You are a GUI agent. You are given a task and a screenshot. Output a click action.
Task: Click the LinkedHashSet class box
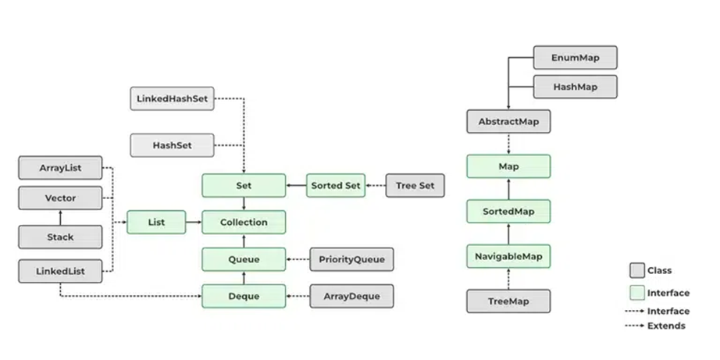click(x=173, y=98)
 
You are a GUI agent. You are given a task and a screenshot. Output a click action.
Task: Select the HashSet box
click(x=173, y=145)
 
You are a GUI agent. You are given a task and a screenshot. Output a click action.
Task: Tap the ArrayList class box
click(x=60, y=168)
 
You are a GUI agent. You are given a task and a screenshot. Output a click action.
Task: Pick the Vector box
click(x=60, y=198)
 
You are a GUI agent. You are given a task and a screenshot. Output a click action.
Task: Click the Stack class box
click(x=60, y=237)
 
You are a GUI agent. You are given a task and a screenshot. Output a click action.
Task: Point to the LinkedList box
click(x=60, y=271)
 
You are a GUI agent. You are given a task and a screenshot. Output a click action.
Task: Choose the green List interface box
click(x=156, y=223)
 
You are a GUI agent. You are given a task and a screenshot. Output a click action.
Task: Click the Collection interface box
click(x=244, y=223)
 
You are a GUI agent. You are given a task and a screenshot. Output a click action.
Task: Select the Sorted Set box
click(x=336, y=186)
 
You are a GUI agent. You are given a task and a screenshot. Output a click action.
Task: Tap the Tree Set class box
click(x=415, y=186)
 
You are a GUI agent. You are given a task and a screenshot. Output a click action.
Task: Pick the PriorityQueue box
click(x=351, y=259)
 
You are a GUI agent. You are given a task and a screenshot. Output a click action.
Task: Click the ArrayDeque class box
click(x=351, y=296)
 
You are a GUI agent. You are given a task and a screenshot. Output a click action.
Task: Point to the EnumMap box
click(x=576, y=58)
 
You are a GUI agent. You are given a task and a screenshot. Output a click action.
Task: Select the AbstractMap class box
click(x=509, y=122)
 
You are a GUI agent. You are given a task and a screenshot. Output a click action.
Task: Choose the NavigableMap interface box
click(x=509, y=256)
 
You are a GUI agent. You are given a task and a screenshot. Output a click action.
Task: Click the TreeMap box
click(x=509, y=301)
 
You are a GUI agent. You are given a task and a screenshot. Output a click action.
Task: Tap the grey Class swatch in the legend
click(x=637, y=270)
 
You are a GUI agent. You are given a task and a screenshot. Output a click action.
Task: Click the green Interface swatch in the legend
click(x=637, y=293)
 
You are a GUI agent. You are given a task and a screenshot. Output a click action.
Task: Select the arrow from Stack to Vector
click(x=60, y=218)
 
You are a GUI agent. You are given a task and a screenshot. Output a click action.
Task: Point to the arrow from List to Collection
click(x=194, y=223)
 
